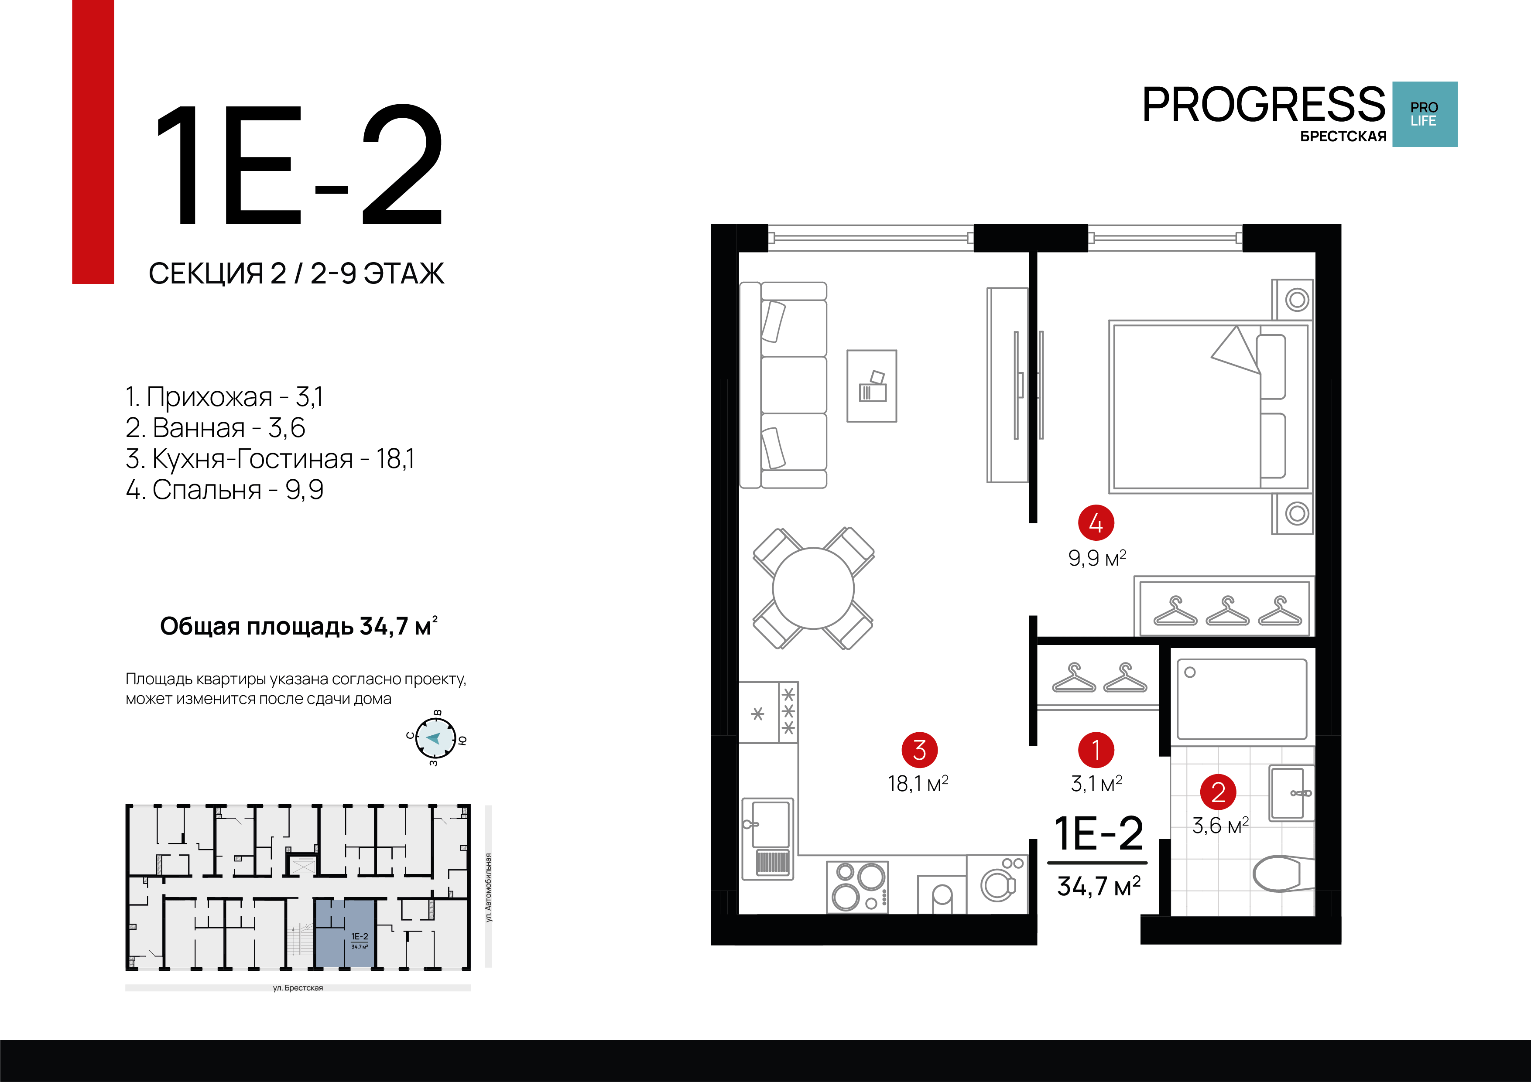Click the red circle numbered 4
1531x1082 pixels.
1096,522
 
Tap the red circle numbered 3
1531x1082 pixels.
920,750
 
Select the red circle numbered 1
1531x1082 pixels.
1096,750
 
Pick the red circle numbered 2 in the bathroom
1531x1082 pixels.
1218,792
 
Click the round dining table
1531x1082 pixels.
813,588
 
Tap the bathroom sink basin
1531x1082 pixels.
1290,793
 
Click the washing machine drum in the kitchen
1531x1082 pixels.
997,885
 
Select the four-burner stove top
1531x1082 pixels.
857,887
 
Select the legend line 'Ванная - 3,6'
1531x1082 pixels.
216,427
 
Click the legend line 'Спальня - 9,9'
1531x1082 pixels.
225,489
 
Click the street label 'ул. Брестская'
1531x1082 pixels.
298,988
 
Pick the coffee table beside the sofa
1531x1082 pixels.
872,386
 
